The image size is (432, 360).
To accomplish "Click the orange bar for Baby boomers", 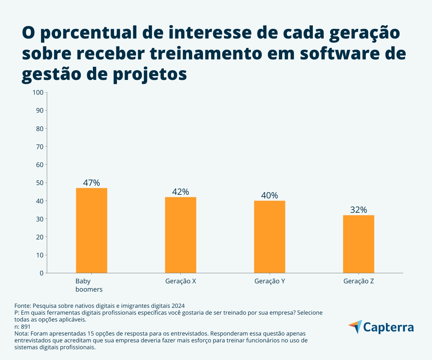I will (x=91, y=230).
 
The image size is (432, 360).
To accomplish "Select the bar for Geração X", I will (x=180, y=235).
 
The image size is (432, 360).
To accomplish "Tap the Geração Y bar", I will (x=269, y=237).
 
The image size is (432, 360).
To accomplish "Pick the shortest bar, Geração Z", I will (x=358, y=244).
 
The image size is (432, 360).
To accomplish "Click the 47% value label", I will (x=91, y=183).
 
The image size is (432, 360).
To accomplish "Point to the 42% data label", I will (x=180, y=192).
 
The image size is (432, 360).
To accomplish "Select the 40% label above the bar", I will (x=269, y=195).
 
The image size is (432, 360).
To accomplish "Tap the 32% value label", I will (x=358, y=210).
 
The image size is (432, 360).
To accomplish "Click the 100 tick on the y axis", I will (x=38, y=93).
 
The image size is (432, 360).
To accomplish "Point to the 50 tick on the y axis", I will (x=39, y=183).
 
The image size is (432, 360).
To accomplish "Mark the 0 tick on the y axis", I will (x=41, y=273).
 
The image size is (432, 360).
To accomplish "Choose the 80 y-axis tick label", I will (x=39, y=129).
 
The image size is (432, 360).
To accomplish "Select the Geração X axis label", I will (x=180, y=282).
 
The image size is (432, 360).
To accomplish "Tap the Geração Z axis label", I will (x=358, y=282).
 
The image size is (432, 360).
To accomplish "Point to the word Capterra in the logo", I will (x=388, y=328).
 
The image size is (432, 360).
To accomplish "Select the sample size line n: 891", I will (x=22, y=327).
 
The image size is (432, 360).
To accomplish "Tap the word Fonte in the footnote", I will (x=22, y=305).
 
